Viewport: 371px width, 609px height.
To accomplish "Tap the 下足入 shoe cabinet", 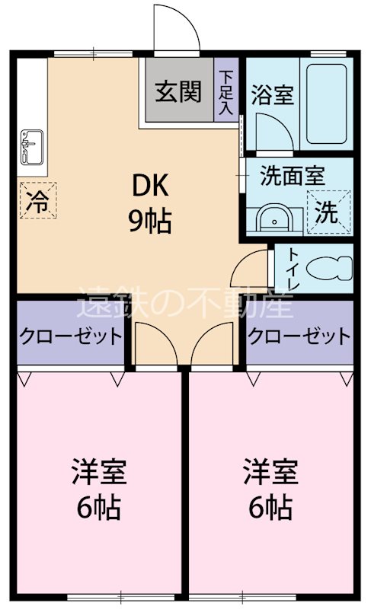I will tap(225, 92).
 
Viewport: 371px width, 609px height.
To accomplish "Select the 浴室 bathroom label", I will tap(272, 97).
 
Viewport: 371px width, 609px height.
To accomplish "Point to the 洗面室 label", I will tap(292, 175).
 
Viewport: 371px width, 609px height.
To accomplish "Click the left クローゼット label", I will tap(70, 335).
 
